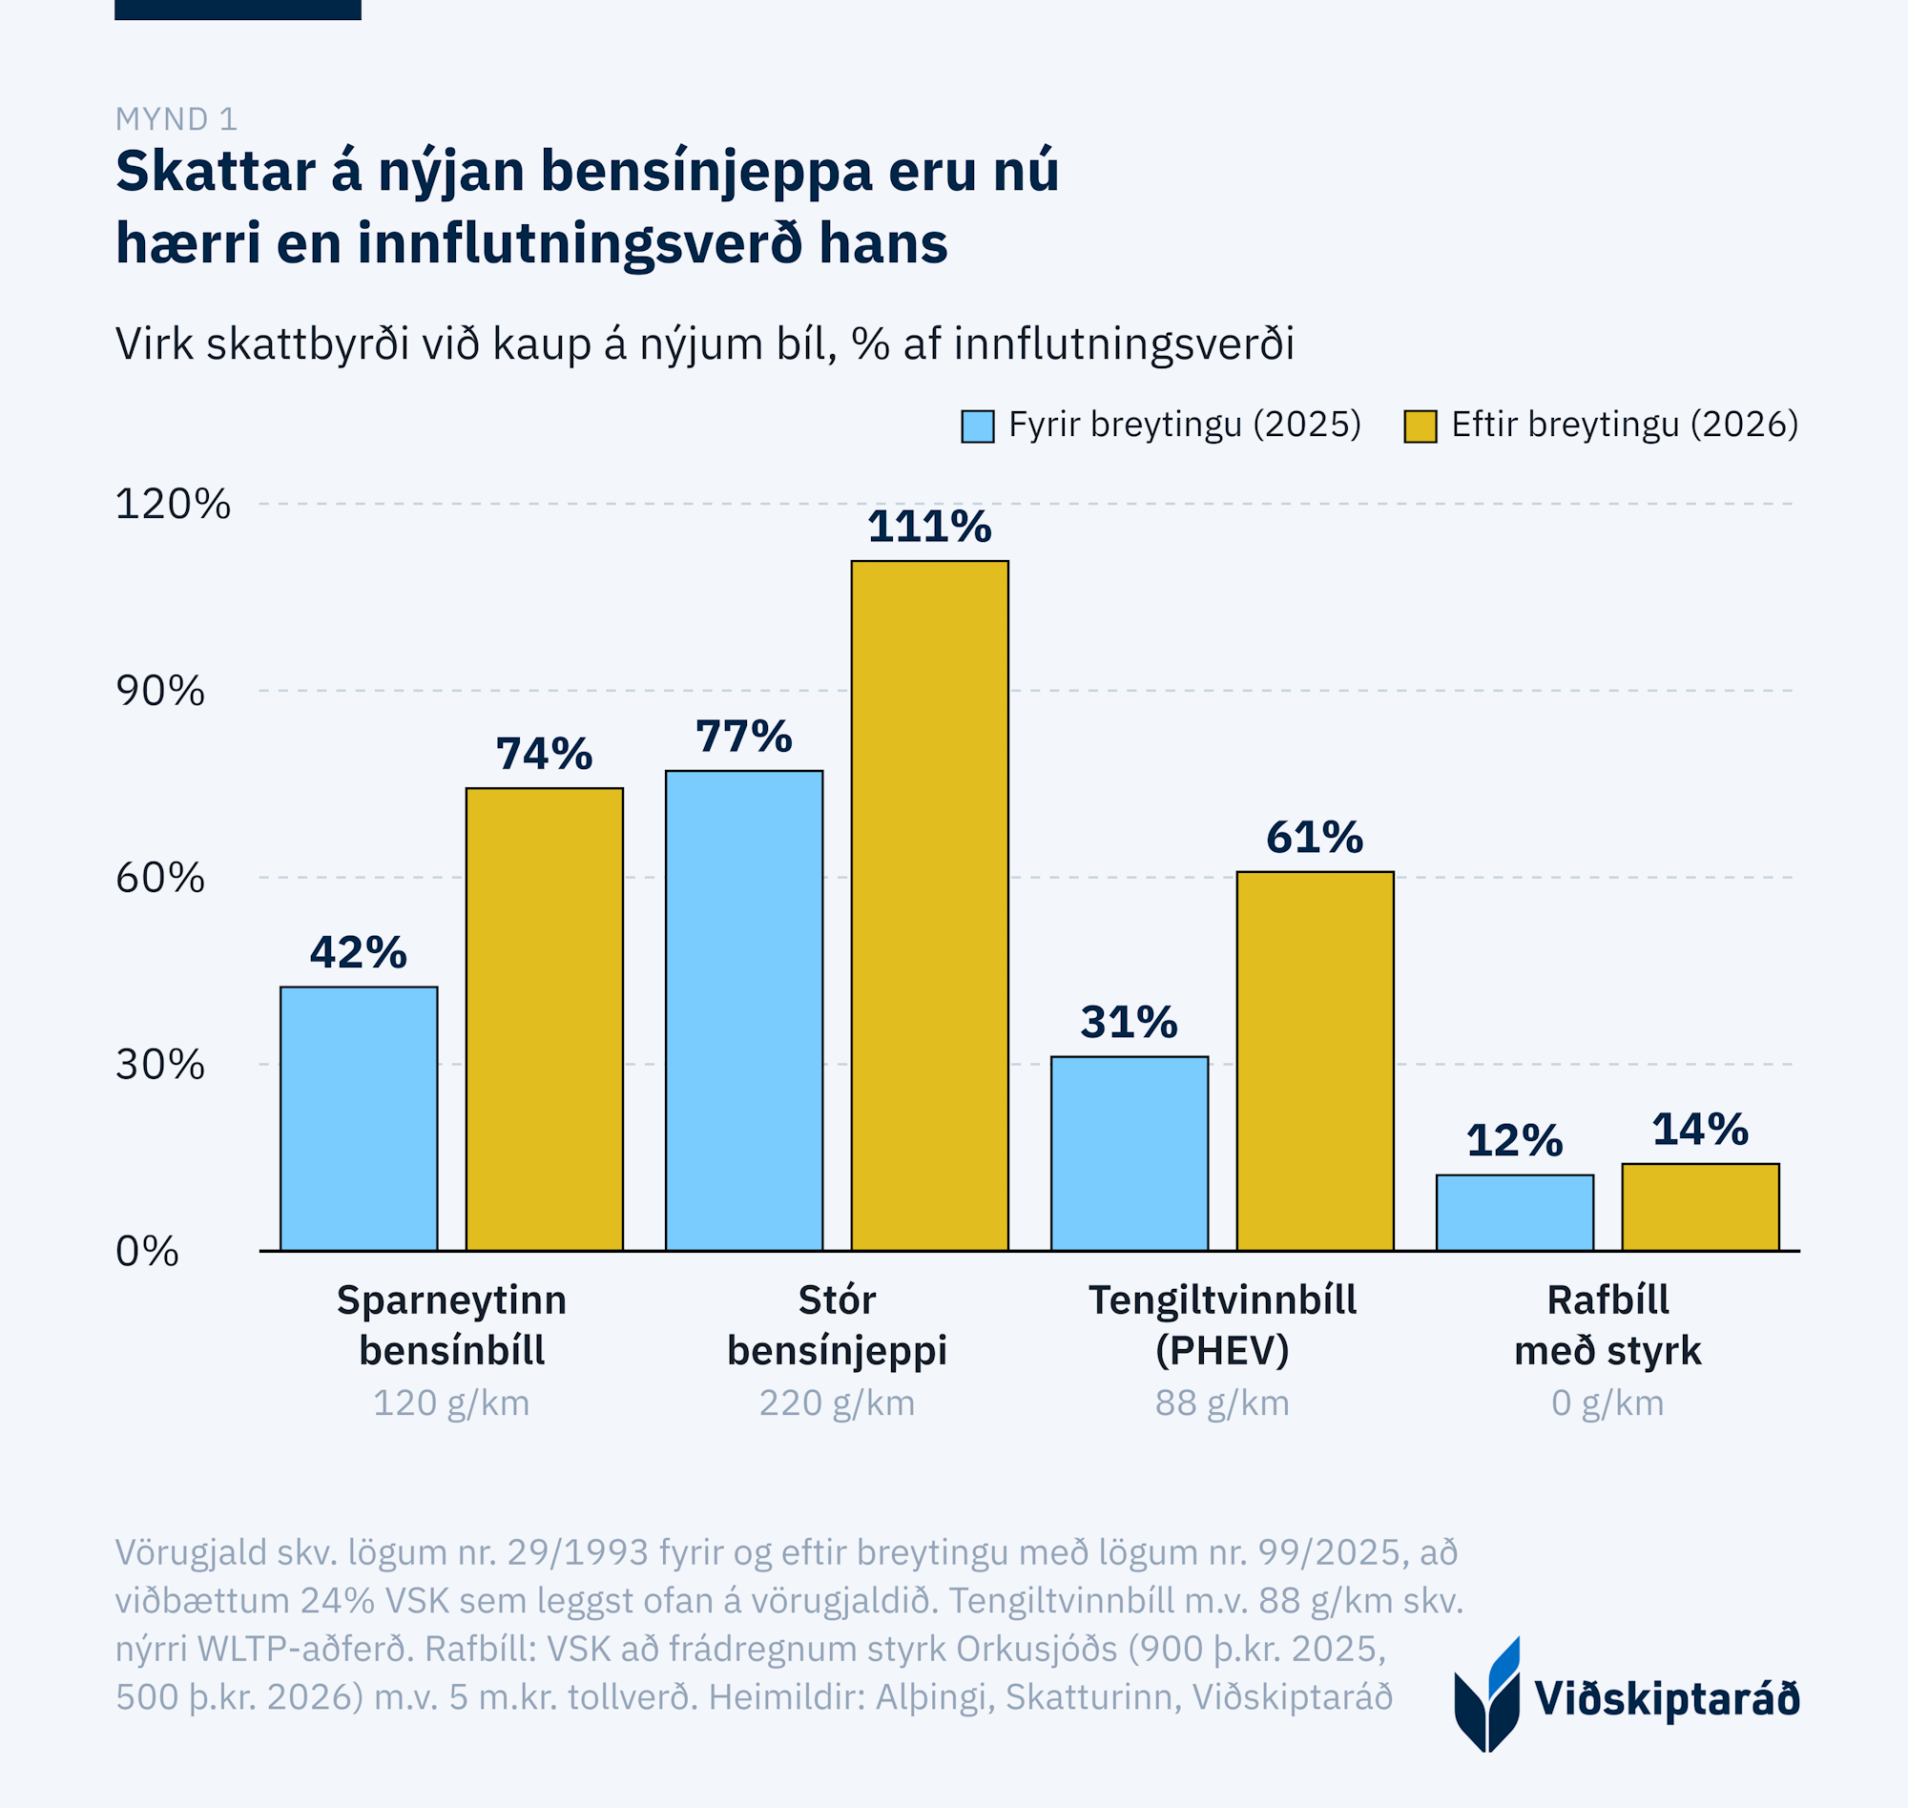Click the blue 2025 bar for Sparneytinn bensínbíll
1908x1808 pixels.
359,1118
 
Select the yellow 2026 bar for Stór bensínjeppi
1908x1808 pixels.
929,905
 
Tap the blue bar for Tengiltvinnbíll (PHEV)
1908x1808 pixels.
1130,1153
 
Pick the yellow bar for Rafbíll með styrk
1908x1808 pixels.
1700,1207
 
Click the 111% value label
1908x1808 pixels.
929,528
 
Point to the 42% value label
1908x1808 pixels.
359,952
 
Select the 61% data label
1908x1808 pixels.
1315,838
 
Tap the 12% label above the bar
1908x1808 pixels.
1514,1141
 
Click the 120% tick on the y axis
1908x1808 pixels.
173,504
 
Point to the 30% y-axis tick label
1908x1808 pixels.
160,1064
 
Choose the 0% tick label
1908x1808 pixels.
147,1251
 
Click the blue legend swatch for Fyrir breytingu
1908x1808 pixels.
977,426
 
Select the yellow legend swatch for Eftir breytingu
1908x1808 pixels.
1421,426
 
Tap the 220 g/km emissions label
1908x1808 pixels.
837,1403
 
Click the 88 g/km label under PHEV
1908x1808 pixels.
1222,1403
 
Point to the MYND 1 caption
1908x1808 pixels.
176,119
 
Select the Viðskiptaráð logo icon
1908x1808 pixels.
1487,1694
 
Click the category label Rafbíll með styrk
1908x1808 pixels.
1607,1325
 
